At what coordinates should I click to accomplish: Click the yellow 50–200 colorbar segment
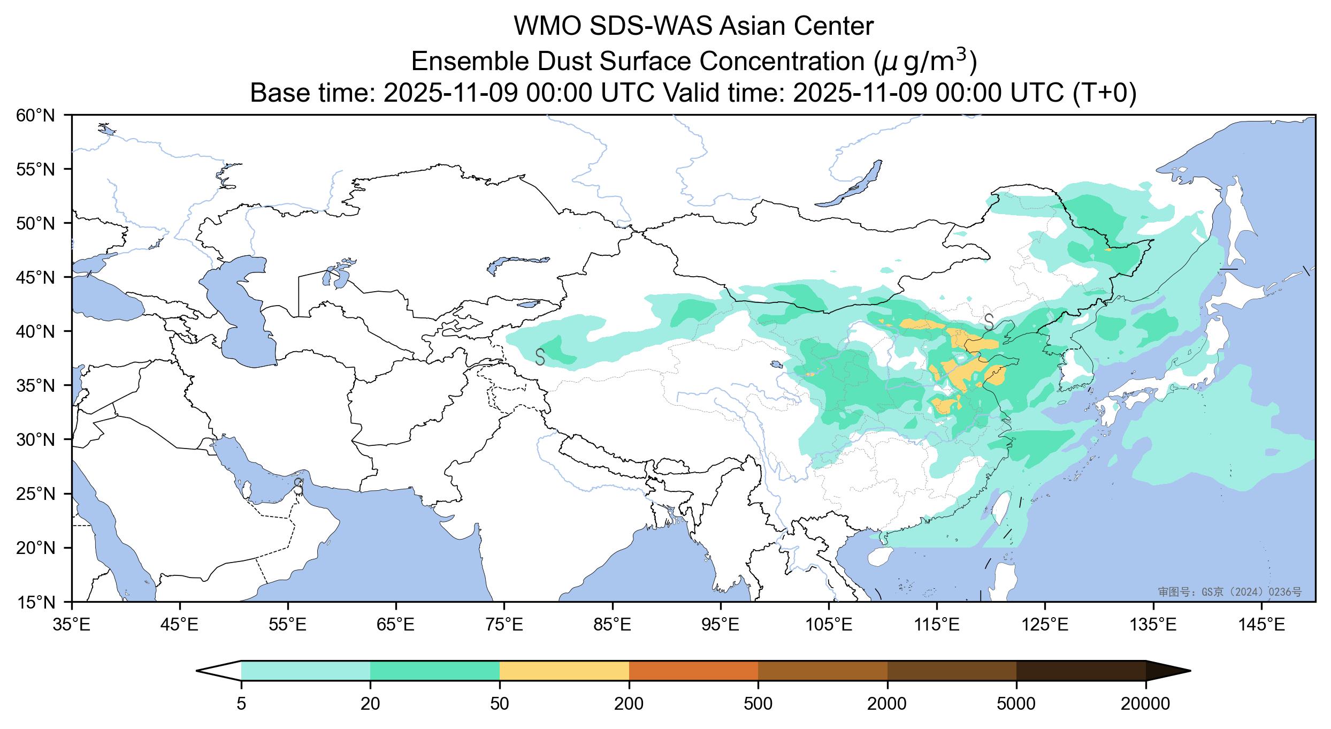point(564,671)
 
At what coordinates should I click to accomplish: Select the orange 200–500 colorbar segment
point(693,671)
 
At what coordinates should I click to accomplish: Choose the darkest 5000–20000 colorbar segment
point(1081,671)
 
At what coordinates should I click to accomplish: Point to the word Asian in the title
point(753,27)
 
